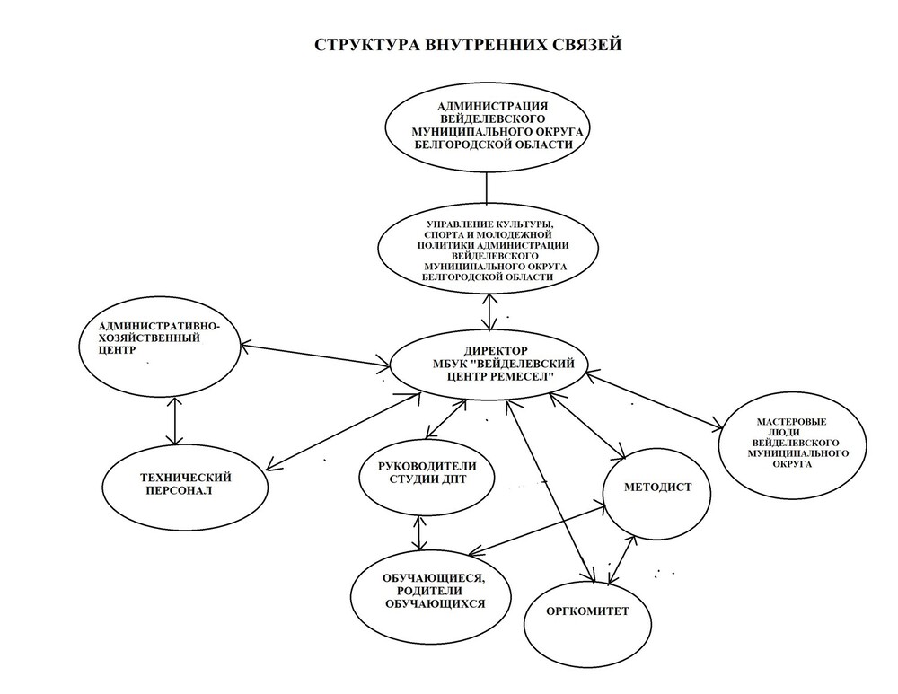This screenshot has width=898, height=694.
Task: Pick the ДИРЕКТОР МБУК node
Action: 485,364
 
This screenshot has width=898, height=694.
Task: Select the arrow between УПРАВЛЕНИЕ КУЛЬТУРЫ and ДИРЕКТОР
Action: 488,309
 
